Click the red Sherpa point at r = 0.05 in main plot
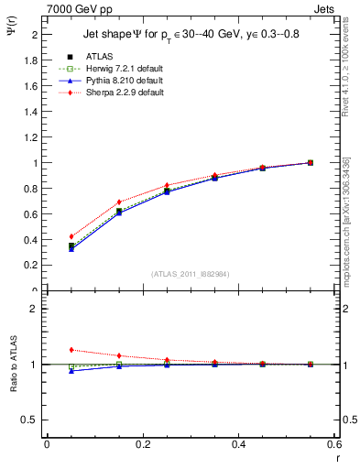click(x=71, y=236)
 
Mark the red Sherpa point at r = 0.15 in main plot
click(x=119, y=202)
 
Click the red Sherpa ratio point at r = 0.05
click(x=71, y=350)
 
